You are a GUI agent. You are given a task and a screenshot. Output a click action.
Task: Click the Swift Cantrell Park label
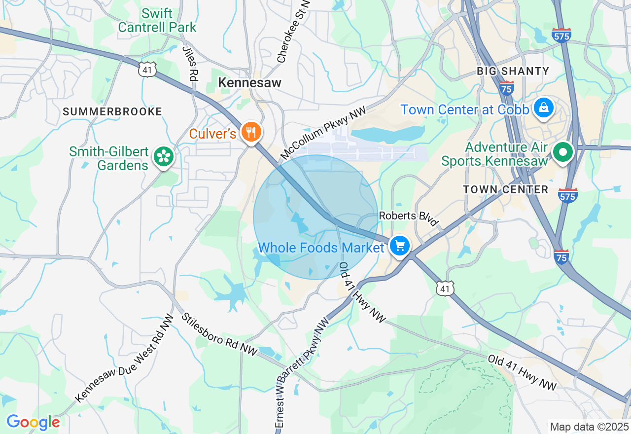pos(157,20)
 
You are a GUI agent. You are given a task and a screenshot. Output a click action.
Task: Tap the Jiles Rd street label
pos(190,64)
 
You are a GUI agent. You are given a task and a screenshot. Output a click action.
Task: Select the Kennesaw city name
pos(249,83)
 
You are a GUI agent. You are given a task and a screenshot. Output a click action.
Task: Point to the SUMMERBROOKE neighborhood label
pos(112,111)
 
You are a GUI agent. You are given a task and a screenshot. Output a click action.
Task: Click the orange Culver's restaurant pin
pos(251,132)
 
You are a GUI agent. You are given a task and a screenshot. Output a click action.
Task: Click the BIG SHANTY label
pos(513,71)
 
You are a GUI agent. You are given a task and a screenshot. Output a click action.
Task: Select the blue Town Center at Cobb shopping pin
pos(543,108)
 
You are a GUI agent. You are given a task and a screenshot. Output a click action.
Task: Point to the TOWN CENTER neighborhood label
pos(505,189)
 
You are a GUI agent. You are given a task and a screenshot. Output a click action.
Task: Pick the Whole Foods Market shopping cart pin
pos(399,246)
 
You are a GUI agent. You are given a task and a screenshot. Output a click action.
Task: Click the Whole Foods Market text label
pos(320,248)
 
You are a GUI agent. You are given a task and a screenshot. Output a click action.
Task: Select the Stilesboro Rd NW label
pos(220,334)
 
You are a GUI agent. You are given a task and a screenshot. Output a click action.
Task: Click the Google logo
pos(33,422)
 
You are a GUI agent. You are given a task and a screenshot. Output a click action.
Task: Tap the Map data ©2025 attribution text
pos(589,427)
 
